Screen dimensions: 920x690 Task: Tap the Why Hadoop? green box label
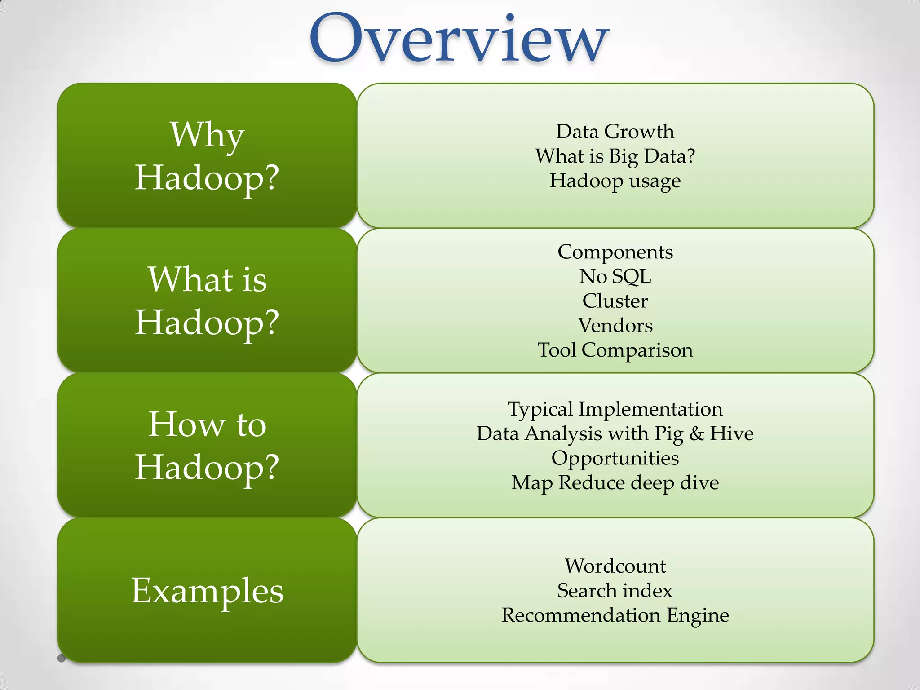point(207,155)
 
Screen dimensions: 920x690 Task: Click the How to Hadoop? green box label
point(207,445)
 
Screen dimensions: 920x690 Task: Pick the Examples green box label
point(207,590)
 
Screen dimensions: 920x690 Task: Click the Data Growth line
point(615,132)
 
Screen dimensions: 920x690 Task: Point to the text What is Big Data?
point(615,156)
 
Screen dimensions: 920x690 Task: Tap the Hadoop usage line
point(615,181)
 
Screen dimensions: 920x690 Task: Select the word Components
point(615,252)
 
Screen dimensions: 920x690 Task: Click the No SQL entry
point(615,276)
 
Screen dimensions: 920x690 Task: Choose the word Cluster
point(615,301)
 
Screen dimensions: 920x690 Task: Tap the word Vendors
point(615,326)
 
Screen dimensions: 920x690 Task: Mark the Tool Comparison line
point(615,350)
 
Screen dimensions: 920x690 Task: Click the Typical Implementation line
point(615,409)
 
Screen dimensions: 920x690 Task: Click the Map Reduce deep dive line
point(615,483)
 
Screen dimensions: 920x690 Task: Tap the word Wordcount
point(615,566)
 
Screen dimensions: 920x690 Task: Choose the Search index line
point(615,591)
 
